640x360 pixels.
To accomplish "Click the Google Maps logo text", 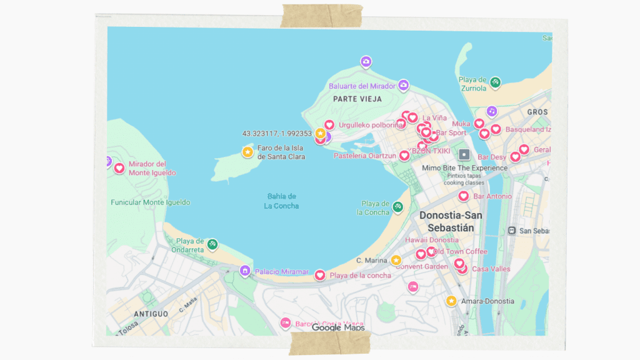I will [x=337, y=327].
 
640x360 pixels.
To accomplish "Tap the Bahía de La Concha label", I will [x=281, y=201].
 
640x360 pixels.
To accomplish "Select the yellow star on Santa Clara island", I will [x=247, y=152].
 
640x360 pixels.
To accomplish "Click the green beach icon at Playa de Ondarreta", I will [x=212, y=244].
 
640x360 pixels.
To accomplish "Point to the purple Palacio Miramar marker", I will [x=245, y=271].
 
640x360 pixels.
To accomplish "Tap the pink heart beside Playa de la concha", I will [x=320, y=275].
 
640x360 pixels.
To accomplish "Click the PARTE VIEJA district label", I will [x=354, y=99].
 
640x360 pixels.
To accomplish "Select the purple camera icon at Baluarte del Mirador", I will [x=404, y=84].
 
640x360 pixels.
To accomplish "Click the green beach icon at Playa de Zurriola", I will [x=495, y=82].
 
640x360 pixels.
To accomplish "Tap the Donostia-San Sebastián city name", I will [x=450, y=221].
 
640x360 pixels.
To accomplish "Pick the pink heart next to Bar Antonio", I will [x=464, y=196].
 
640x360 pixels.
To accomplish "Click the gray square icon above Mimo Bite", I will [x=464, y=154].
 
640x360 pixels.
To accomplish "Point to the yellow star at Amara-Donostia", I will [x=451, y=301].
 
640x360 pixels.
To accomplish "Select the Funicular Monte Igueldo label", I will [x=150, y=202].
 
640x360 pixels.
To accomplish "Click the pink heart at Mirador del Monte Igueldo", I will [x=119, y=167].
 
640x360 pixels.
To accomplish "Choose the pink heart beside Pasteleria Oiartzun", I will [x=404, y=156].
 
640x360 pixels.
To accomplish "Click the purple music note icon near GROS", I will [x=492, y=111].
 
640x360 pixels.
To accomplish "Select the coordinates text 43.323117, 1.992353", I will [x=277, y=133].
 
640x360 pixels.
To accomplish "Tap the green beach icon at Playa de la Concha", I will [x=397, y=207].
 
